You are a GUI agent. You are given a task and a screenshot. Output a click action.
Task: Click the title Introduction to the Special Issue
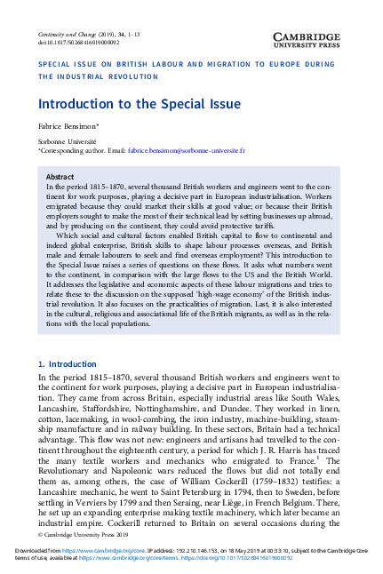128,105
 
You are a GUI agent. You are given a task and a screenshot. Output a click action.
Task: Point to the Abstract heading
59,178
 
